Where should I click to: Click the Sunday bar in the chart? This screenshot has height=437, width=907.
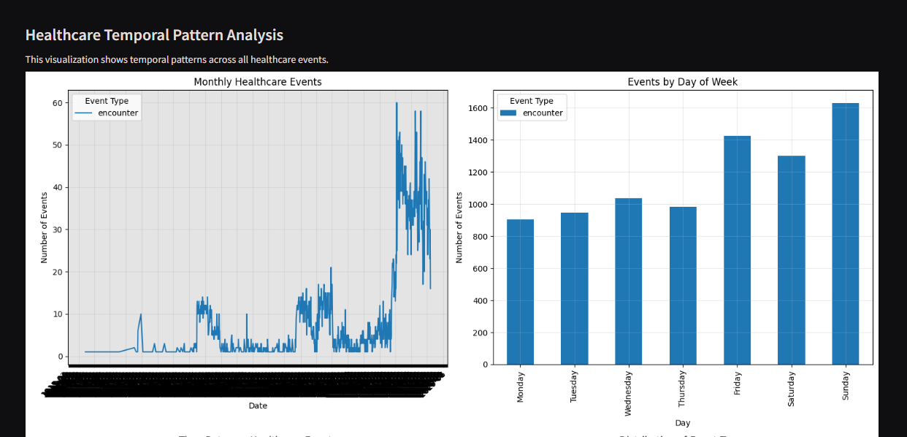pyautogui.click(x=845, y=234)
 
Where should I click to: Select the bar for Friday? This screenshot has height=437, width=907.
pyautogui.click(x=737, y=250)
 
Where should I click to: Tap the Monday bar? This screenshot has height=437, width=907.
pyautogui.click(x=520, y=292)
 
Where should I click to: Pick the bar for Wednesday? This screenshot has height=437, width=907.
pyautogui.click(x=628, y=281)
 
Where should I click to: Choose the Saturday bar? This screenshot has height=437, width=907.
pyautogui.click(x=791, y=260)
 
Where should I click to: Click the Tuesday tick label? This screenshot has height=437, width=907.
pyautogui.click(x=574, y=386)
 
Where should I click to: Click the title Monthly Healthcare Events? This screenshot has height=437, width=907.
pyautogui.click(x=257, y=82)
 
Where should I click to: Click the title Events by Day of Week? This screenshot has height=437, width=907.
pyautogui.click(x=682, y=82)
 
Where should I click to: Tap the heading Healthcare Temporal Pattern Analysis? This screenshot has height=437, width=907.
pyautogui.click(x=154, y=35)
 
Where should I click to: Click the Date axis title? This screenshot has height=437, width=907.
pyautogui.click(x=257, y=406)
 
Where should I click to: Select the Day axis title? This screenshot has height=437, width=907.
pyautogui.click(x=682, y=423)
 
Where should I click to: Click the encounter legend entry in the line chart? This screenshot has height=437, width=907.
pyautogui.click(x=118, y=113)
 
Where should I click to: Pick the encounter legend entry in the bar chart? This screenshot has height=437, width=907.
pyautogui.click(x=543, y=113)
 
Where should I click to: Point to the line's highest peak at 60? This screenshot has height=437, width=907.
pyautogui.click(x=397, y=103)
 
